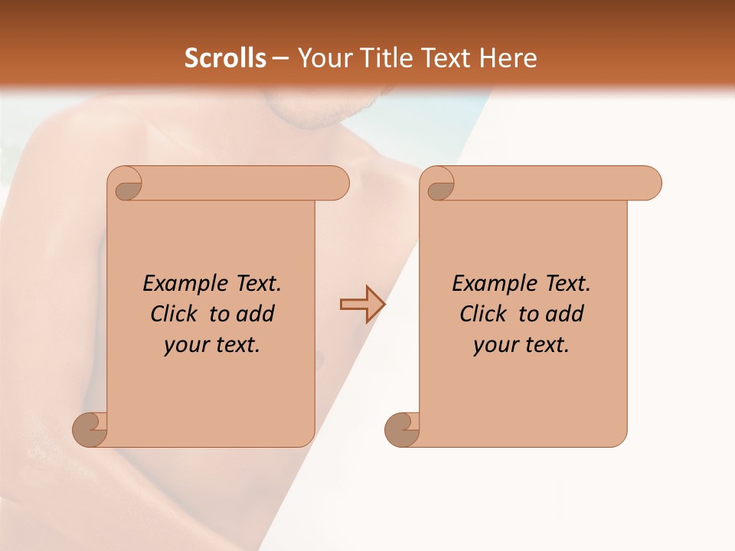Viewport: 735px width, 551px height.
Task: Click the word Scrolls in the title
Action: click(225, 58)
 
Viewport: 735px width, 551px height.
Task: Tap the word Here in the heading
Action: click(508, 58)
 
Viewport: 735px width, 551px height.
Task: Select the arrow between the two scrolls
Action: click(362, 305)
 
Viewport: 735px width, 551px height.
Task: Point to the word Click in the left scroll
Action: click(175, 314)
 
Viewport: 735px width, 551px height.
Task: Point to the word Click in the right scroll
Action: click(483, 314)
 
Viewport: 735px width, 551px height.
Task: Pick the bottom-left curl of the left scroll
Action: click(90, 429)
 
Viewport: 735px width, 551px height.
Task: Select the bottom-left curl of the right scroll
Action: click(401, 429)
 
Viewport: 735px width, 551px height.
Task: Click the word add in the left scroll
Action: click(256, 314)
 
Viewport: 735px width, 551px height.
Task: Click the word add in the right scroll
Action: click(565, 314)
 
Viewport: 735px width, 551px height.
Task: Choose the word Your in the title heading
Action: click(324, 58)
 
